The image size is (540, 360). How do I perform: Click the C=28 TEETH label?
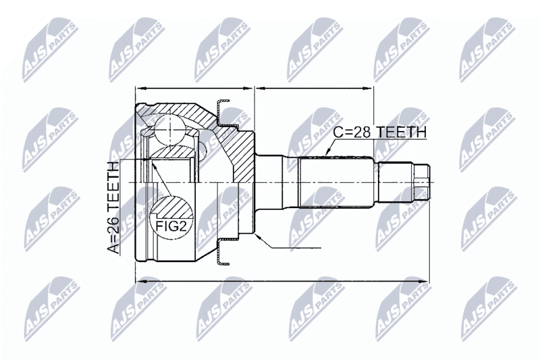[380, 132]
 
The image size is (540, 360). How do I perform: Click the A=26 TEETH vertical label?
[113, 207]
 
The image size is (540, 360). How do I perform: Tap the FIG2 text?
[171, 226]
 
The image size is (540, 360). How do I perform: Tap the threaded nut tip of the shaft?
[421, 182]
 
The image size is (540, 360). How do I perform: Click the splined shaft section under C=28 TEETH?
[335, 182]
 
